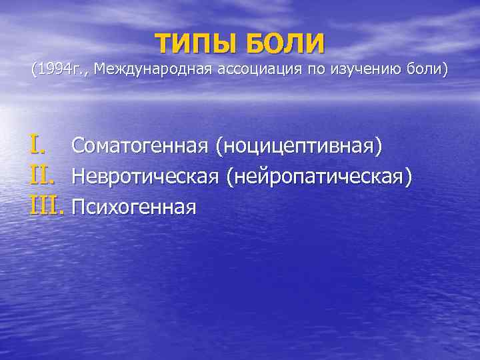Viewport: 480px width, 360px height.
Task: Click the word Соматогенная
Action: (139, 145)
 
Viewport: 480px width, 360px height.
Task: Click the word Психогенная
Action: (133, 207)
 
